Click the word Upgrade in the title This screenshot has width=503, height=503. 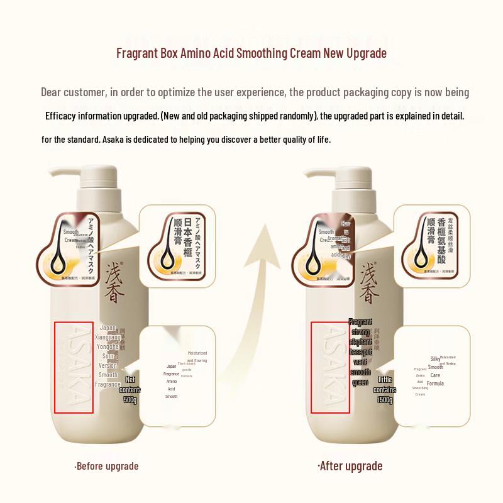point(365,53)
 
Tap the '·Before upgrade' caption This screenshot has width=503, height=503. point(106,467)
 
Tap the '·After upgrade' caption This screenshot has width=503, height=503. point(350,467)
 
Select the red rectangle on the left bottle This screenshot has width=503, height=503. point(74,367)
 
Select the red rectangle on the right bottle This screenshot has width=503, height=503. point(329,367)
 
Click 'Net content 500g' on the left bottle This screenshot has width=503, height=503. point(130,390)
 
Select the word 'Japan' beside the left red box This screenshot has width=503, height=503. point(108,328)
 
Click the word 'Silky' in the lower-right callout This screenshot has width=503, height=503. point(435,359)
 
